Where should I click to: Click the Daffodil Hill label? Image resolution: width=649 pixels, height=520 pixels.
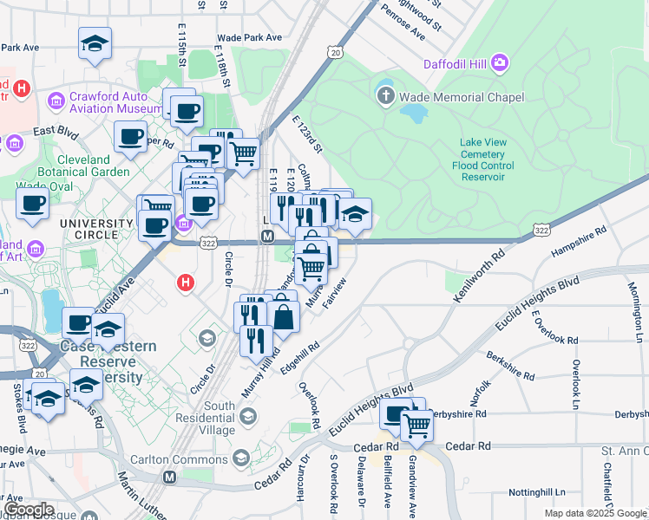click(x=455, y=63)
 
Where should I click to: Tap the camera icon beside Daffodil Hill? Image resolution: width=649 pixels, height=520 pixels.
click(x=499, y=62)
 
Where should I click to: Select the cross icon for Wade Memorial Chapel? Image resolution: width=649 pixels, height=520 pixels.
click(x=385, y=96)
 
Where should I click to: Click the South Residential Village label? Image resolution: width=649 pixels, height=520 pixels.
click(x=207, y=418)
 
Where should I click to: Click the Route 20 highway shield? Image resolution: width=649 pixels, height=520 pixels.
click(x=336, y=54)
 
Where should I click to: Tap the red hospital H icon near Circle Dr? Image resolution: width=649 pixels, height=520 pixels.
click(x=184, y=283)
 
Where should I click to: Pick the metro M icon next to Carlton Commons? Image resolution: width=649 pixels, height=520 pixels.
click(x=169, y=478)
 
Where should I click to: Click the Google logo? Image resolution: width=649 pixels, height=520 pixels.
click(x=29, y=510)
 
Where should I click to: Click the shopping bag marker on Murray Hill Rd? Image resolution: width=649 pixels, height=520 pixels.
click(x=283, y=316)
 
